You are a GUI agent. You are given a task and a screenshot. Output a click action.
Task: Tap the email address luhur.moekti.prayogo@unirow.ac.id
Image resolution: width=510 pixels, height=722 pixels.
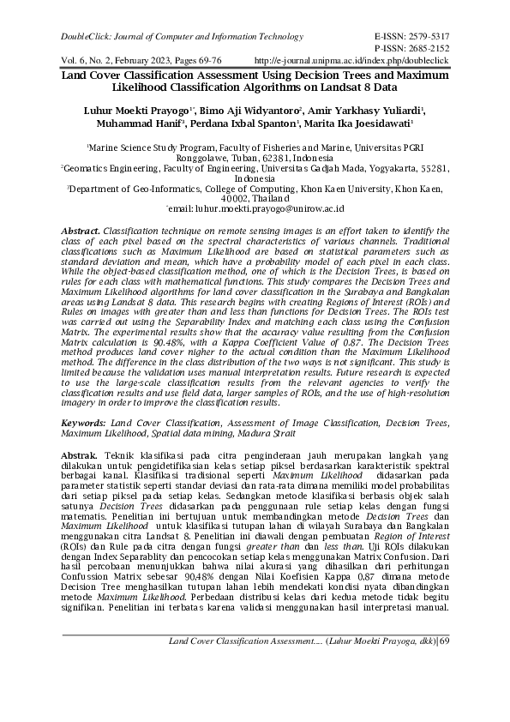(x=269, y=208)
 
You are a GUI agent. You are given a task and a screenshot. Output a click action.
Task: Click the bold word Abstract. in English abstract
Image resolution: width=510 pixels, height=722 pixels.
(x=81, y=232)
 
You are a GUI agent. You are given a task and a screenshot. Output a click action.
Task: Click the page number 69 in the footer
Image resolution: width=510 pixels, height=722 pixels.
(x=443, y=689)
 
